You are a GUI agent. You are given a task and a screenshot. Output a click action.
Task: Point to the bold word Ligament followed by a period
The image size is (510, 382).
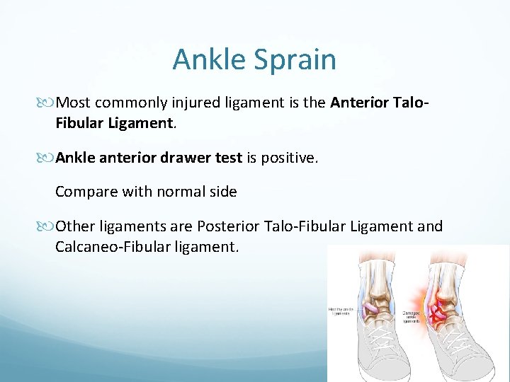click(x=140, y=123)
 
